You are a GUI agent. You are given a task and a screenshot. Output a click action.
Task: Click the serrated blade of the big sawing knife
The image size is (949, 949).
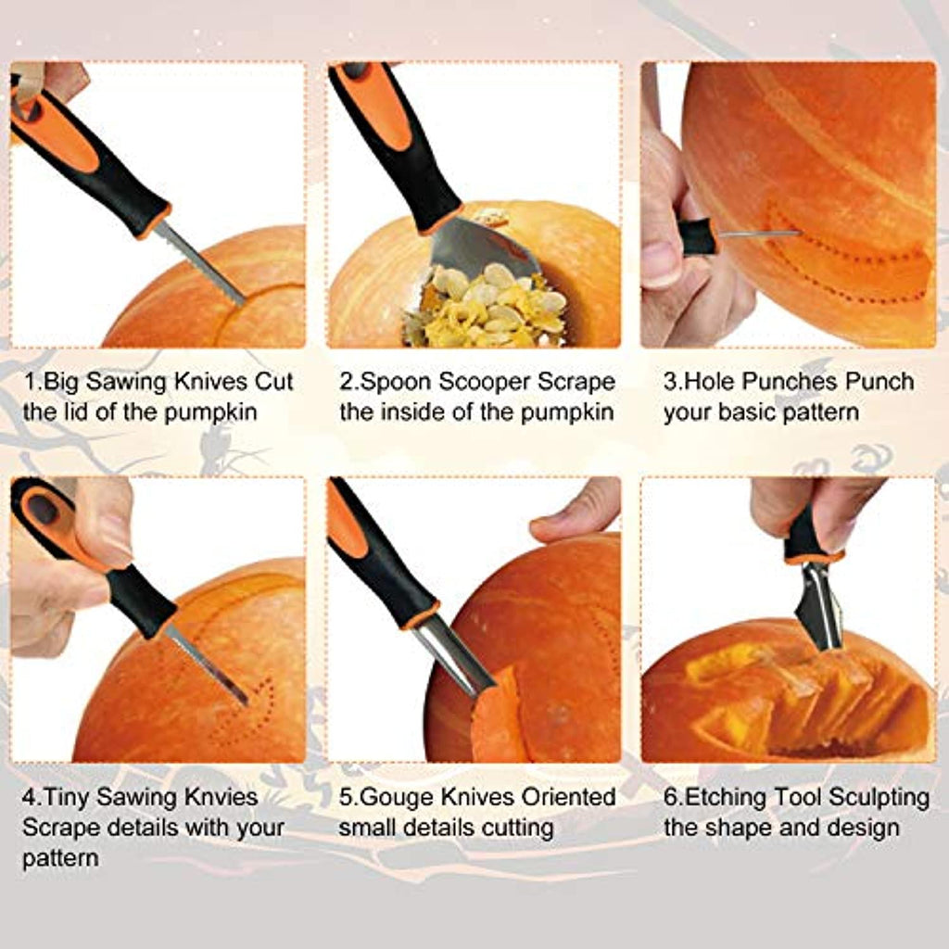200,262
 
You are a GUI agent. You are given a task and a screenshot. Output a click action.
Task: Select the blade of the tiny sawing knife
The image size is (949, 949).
207,665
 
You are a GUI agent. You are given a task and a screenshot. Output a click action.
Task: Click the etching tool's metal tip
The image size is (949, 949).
818,607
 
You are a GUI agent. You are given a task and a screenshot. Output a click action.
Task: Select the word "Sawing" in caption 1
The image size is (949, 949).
127,382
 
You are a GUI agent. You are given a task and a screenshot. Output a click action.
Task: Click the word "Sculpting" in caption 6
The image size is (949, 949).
879,797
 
